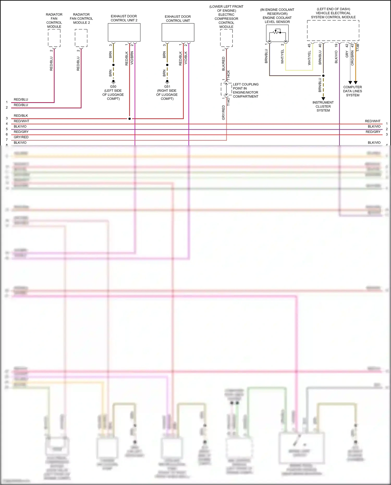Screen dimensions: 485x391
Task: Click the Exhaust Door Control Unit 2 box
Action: coord(124,32)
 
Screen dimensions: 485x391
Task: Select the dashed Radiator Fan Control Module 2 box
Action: coord(81,38)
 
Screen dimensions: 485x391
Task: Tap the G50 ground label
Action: coord(113,87)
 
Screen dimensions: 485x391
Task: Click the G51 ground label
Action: coord(167,87)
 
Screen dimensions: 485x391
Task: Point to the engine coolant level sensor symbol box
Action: coord(277,33)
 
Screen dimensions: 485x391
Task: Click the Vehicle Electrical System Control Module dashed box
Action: coord(333,30)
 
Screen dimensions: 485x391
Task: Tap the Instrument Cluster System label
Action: coord(323,106)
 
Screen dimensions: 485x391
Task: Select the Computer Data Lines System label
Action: coord(352,91)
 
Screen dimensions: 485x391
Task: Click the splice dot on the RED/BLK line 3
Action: coord(130,119)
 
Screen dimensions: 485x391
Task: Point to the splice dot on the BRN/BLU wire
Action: coord(323,76)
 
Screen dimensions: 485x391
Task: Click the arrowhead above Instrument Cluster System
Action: coord(323,99)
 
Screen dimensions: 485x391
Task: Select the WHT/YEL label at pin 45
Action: coord(309,58)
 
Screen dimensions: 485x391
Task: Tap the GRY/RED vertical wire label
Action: coord(223,113)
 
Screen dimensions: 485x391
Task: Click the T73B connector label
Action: coord(358,47)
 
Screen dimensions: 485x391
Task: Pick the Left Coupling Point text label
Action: coord(246,90)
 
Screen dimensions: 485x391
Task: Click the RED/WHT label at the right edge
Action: coord(372,121)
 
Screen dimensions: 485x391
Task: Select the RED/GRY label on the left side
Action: coord(21,132)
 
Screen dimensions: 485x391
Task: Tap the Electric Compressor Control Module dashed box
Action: coord(226,38)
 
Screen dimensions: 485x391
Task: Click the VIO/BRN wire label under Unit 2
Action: coord(132,58)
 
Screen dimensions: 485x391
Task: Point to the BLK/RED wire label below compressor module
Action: coord(223,64)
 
